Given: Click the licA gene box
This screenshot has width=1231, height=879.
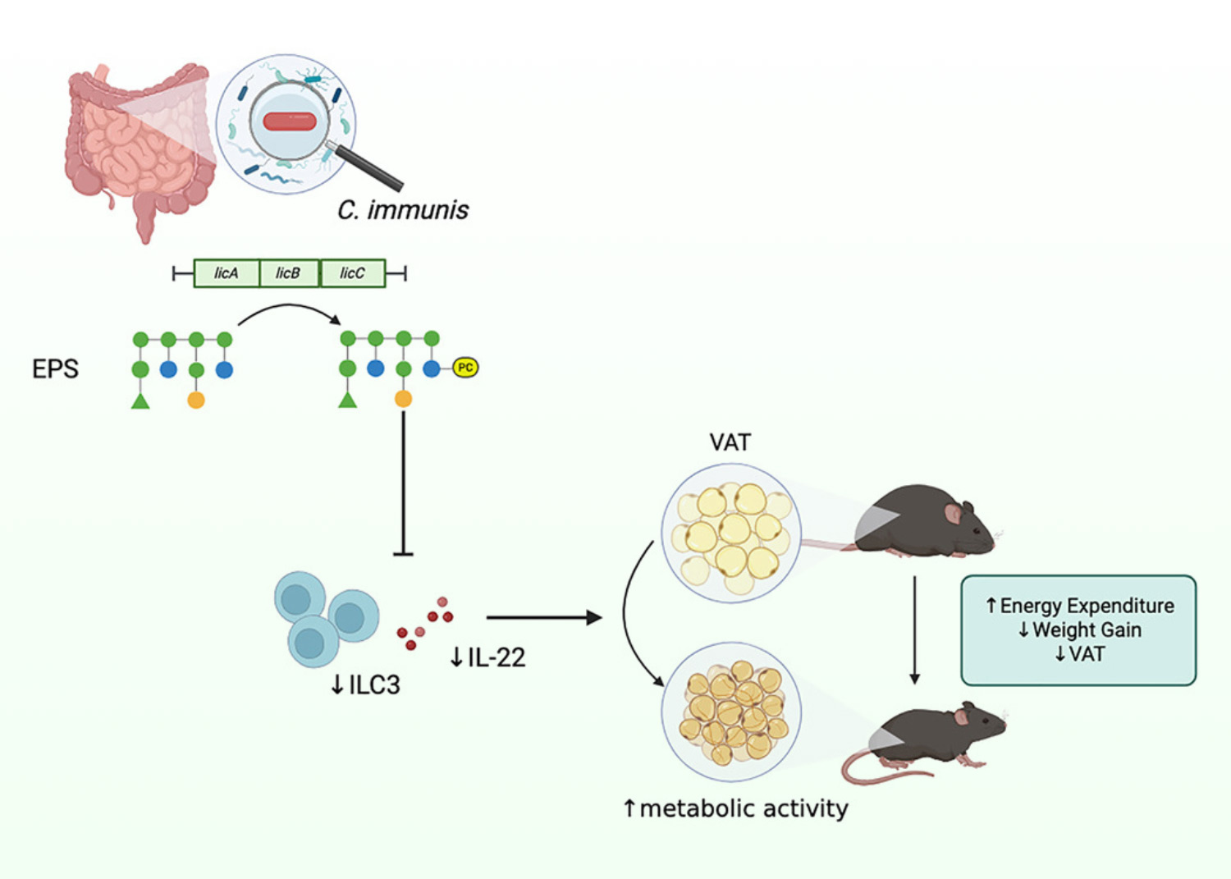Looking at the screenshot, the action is click(x=227, y=273).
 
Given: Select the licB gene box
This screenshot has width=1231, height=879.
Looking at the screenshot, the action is click(x=289, y=273).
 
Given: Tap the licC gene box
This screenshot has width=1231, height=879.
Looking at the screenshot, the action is click(x=352, y=273).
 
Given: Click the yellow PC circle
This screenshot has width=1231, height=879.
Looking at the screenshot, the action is click(x=465, y=368).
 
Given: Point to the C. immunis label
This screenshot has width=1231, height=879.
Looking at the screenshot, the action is click(x=403, y=210).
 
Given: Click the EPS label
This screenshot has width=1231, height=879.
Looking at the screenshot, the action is click(x=56, y=369).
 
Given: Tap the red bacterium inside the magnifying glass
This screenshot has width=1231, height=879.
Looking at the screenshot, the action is click(x=290, y=121).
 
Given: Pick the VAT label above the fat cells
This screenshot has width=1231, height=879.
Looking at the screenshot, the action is click(x=730, y=442).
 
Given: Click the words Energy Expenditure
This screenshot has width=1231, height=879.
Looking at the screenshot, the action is click(x=1087, y=606).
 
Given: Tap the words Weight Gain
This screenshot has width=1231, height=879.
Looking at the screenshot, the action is click(x=1087, y=630).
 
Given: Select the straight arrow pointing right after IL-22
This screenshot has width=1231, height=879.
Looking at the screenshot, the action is click(x=544, y=618).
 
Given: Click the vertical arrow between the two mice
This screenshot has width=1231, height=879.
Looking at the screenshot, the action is click(x=915, y=630).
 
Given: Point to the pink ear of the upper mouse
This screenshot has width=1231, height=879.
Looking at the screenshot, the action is click(x=953, y=514).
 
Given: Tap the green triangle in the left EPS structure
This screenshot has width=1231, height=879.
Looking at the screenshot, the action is click(x=140, y=401).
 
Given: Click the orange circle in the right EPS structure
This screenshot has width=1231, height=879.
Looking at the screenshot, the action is click(x=404, y=399).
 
